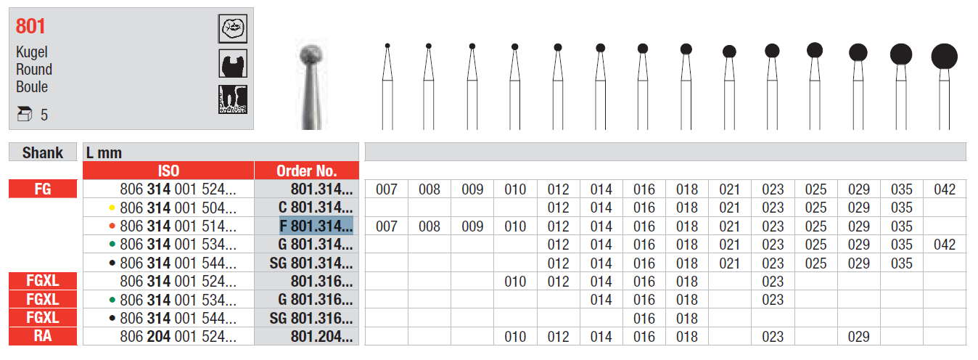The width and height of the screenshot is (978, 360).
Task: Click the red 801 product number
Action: (x=30, y=26)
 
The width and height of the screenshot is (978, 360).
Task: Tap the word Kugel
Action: (x=32, y=52)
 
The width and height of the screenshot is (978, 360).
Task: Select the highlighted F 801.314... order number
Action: (x=316, y=226)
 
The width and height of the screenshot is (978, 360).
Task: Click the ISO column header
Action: (x=168, y=171)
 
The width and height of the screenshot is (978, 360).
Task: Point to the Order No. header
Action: (x=306, y=171)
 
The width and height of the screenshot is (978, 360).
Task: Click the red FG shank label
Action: (x=43, y=189)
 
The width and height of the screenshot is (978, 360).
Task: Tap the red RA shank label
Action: (x=43, y=336)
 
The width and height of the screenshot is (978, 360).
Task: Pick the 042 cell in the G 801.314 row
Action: (x=945, y=244)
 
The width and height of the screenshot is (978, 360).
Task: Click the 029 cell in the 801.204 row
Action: (x=858, y=336)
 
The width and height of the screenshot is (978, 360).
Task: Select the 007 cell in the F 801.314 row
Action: (x=387, y=226)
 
